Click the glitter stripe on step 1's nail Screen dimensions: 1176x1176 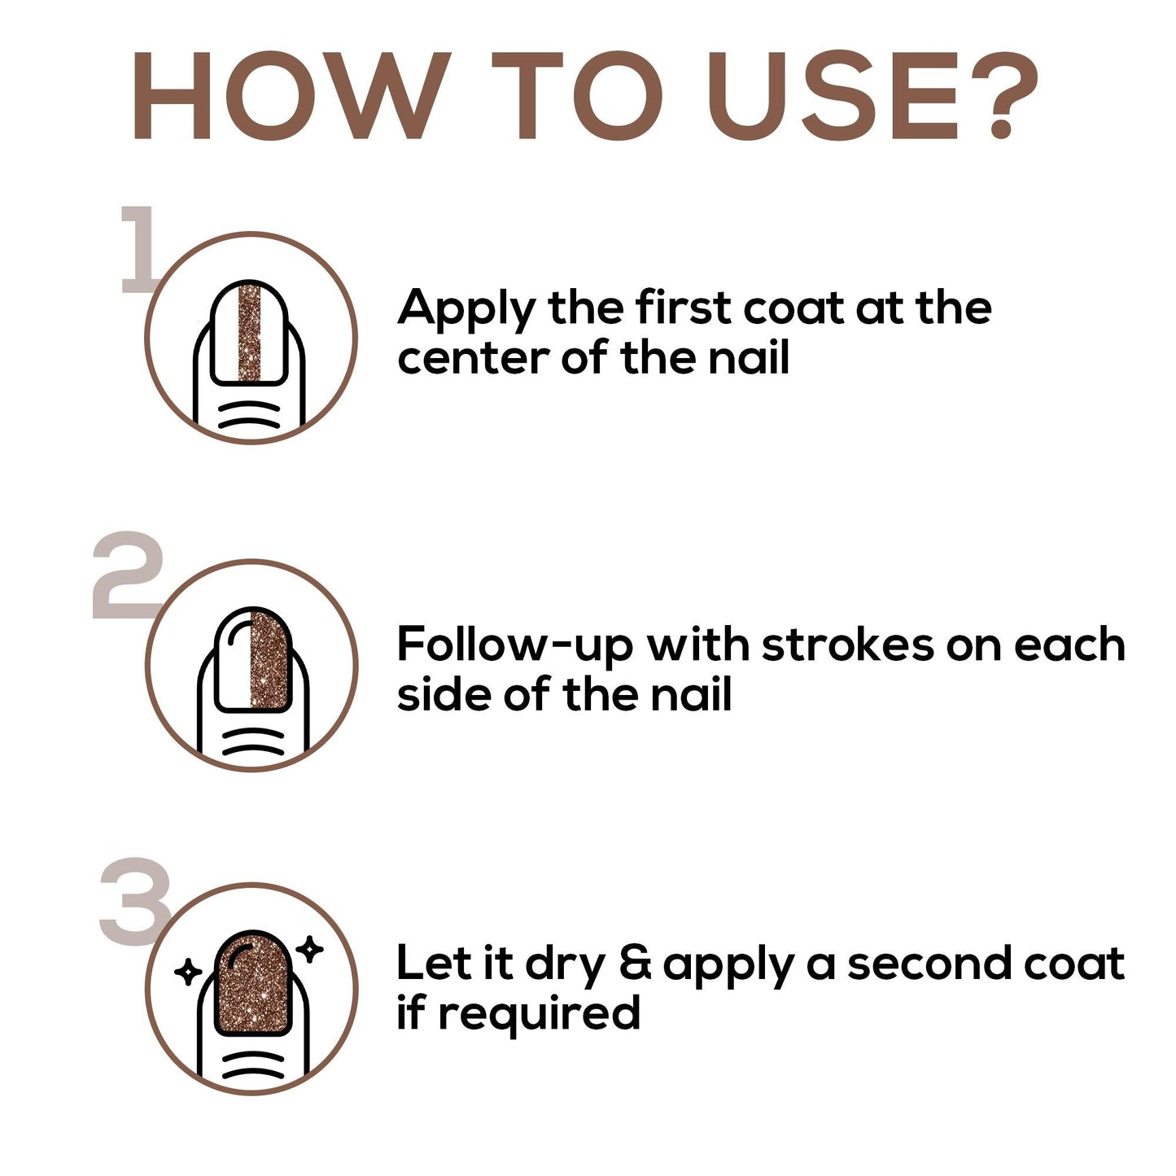249,333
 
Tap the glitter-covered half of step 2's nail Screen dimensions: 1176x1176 269,660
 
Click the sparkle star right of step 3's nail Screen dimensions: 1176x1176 310,949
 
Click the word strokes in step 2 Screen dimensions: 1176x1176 848,644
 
